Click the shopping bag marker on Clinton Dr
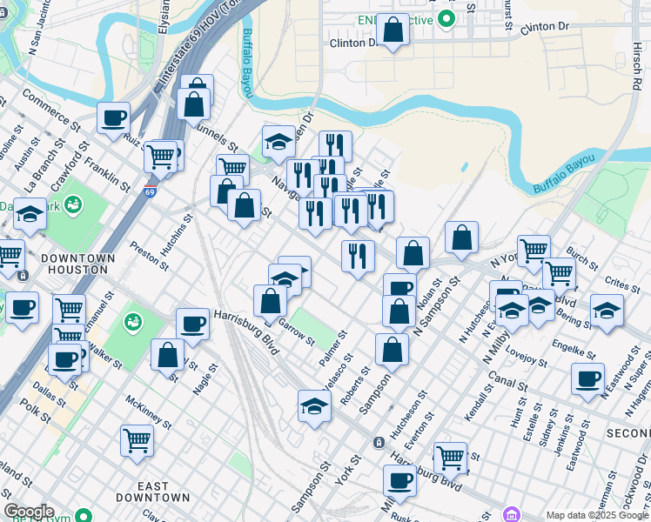tap(393, 30)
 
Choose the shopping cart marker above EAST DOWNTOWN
tap(138, 439)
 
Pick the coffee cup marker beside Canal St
tap(588, 378)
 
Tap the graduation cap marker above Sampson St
tap(314, 405)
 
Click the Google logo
tap(29, 512)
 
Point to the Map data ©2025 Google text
tap(597, 515)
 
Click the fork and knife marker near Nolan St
tap(358, 256)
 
